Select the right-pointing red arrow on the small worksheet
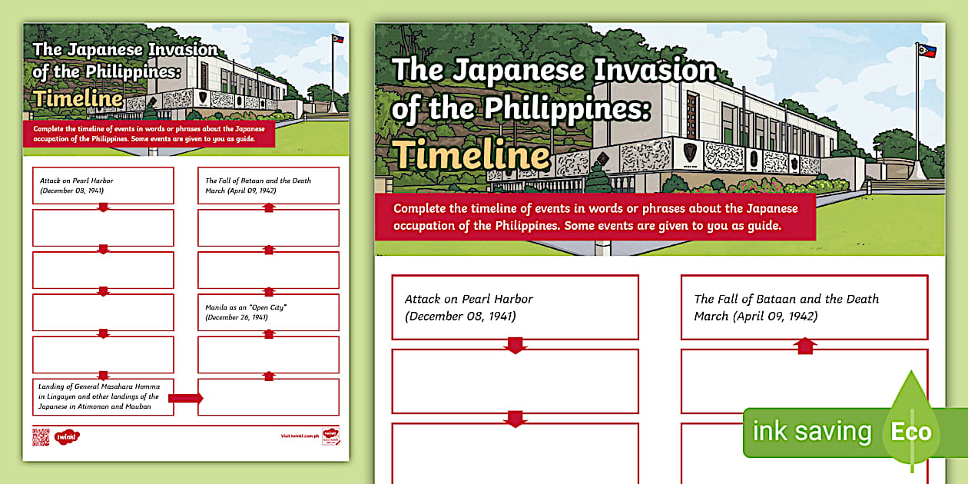pos(185,397)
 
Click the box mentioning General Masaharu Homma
pos(103,397)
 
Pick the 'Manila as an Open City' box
pos(268,312)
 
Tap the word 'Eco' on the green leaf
pos(911,432)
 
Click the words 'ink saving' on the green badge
pos(812,432)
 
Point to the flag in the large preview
pos(921,51)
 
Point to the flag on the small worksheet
pos(337,38)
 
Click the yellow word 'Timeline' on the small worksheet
pos(78,98)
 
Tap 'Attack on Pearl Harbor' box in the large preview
pos(515,307)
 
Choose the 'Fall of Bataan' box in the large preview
pos(804,307)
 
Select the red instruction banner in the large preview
pos(595,217)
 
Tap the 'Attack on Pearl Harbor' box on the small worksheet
pos(103,185)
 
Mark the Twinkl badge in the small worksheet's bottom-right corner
pos(330,436)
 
